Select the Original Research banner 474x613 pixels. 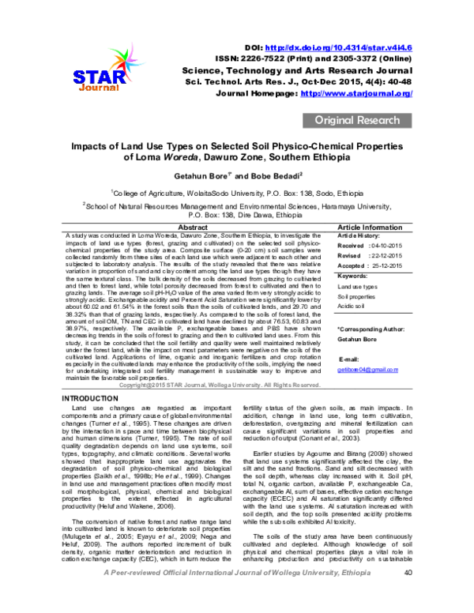click(357, 121)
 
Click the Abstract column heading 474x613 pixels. click(194, 227)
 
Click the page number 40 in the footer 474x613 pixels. click(408, 595)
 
